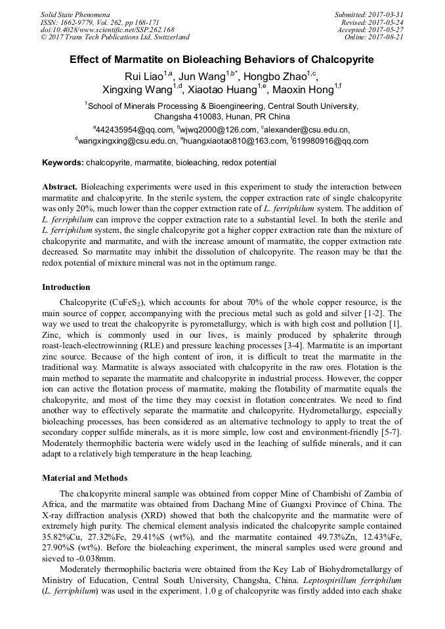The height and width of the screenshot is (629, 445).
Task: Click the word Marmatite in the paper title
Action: [142, 60]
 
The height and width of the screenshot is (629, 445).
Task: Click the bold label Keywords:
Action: [63, 162]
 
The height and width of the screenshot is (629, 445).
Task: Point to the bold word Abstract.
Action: [60, 187]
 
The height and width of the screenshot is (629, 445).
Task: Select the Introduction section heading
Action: [66, 287]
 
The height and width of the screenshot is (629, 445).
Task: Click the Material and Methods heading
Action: [85, 477]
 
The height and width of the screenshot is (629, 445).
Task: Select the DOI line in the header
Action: [107, 30]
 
